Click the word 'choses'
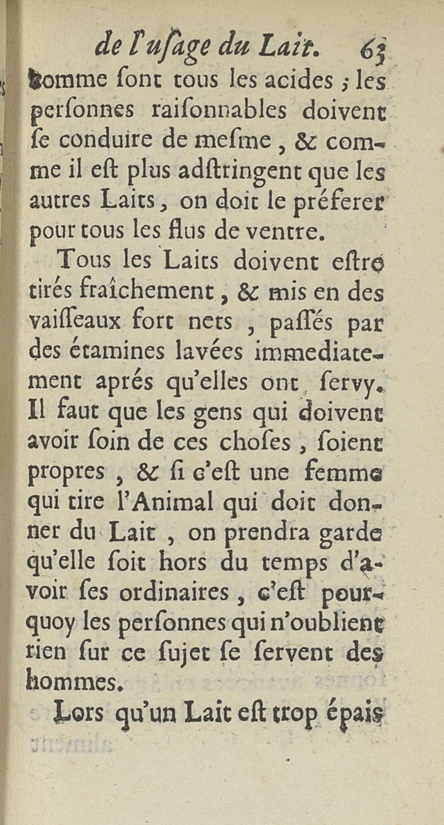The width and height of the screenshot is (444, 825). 247,441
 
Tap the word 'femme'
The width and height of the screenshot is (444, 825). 356,472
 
